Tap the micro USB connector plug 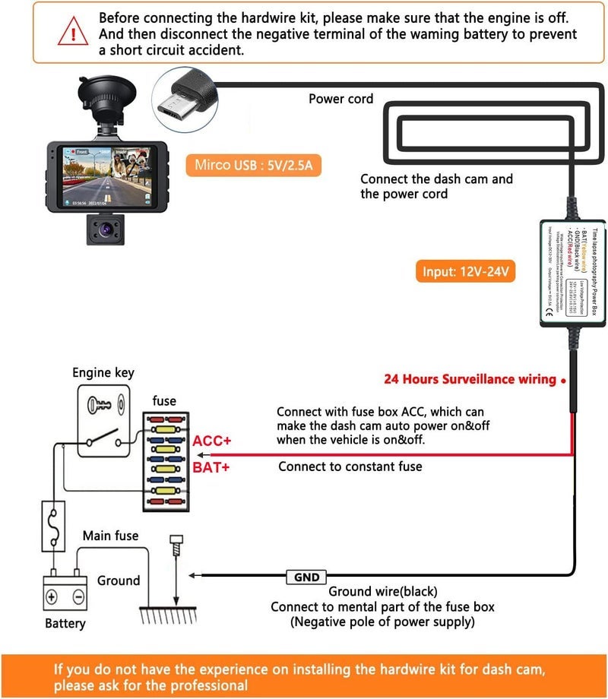(x=183, y=100)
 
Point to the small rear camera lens (x=104, y=228)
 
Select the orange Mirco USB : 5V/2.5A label (x=252, y=165)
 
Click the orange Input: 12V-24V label (x=465, y=271)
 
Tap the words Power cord (x=340, y=99)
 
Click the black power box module (x=572, y=273)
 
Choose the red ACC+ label (x=211, y=441)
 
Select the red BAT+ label (x=211, y=467)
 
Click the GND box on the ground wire (x=306, y=577)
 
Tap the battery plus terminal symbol (x=52, y=596)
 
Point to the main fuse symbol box (x=53, y=525)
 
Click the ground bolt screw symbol (x=177, y=545)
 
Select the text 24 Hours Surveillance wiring (x=469, y=379)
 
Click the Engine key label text (x=103, y=372)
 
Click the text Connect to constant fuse (x=350, y=467)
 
